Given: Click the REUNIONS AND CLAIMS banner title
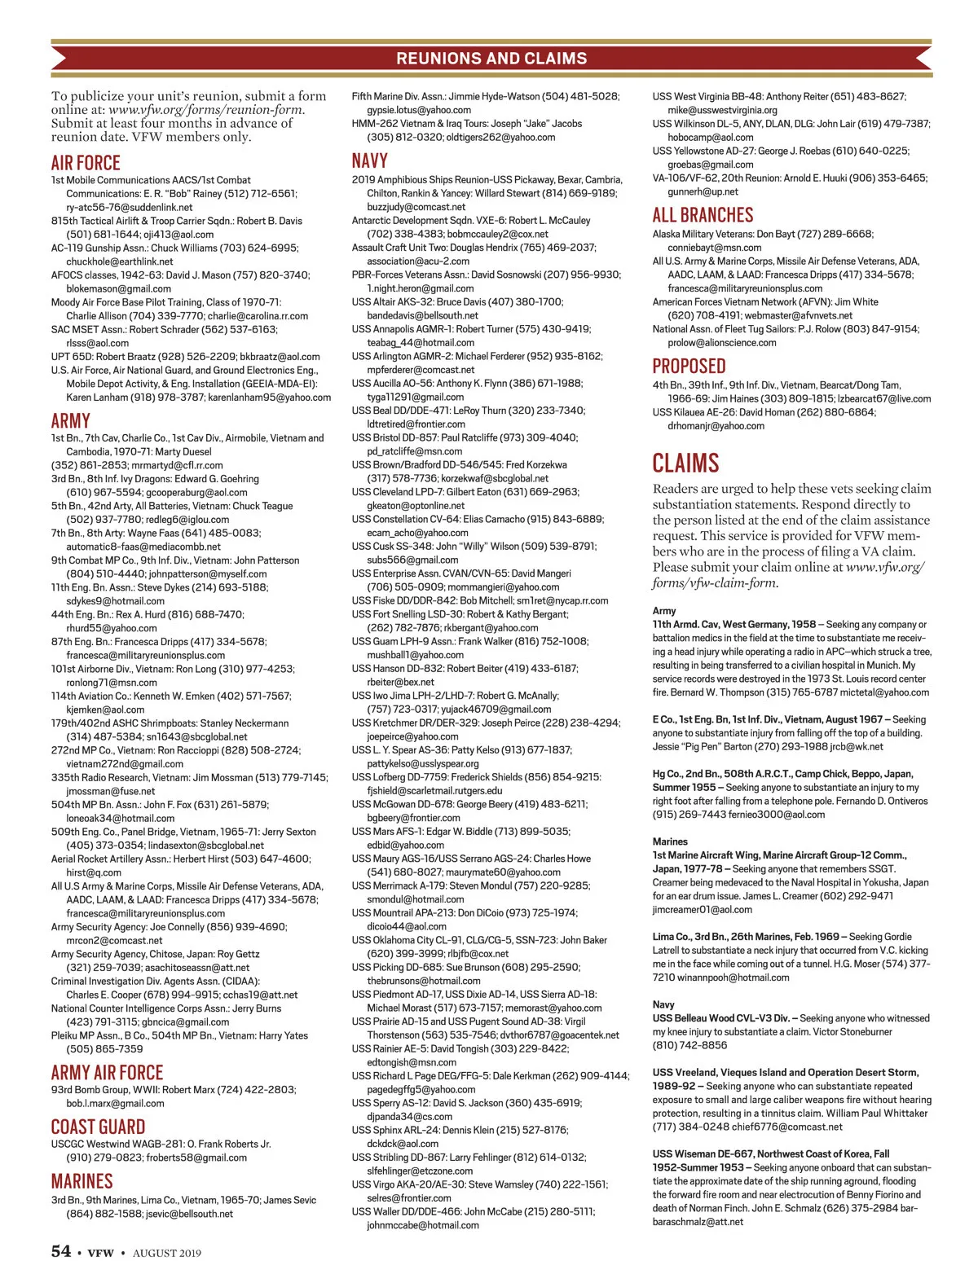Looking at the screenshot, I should tap(491, 59).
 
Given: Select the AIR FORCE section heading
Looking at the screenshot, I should tap(86, 163).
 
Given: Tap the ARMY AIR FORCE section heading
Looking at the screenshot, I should tap(107, 1073).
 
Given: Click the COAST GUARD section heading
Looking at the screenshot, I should tap(98, 1127).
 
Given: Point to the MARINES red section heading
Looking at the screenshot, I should tap(81, 1181).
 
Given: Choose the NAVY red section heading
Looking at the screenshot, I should tap(369, 160).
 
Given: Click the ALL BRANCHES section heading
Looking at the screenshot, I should tap(703, 215).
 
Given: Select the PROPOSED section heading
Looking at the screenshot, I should tap(689, 367).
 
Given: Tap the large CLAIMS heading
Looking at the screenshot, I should tap(685, 464).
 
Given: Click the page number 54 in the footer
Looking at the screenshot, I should tap(61, 1252).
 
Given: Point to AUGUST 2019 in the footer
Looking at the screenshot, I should tap(167, 1253).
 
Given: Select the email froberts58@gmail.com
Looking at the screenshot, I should tap(196, 1158).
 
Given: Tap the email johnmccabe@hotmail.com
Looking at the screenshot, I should tap(422, 1225).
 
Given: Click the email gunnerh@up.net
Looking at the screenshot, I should tap(703, 191).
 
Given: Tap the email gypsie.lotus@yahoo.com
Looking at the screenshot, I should tap(419, 110).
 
